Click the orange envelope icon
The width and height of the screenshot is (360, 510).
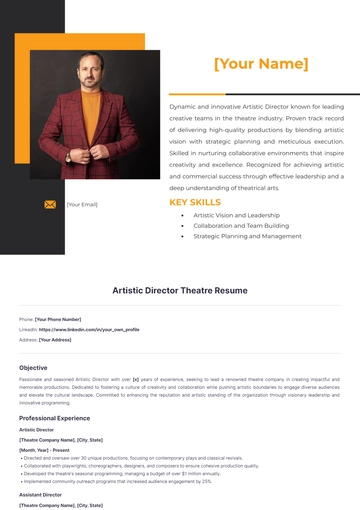(50, 204)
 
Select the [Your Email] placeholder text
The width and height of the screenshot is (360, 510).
(82, 204)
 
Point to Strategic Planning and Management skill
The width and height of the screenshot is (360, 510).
(247, 237)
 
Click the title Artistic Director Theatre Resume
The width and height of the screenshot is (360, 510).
(179, 290)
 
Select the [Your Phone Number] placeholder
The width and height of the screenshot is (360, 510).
(58, 319)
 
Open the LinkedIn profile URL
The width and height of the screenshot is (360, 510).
(89, 329)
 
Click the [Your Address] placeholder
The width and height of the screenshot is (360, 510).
(55, 339)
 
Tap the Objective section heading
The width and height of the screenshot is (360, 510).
(33, 367)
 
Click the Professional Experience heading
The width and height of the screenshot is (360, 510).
(54, 417)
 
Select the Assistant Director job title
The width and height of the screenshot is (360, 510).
(40, 494)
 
